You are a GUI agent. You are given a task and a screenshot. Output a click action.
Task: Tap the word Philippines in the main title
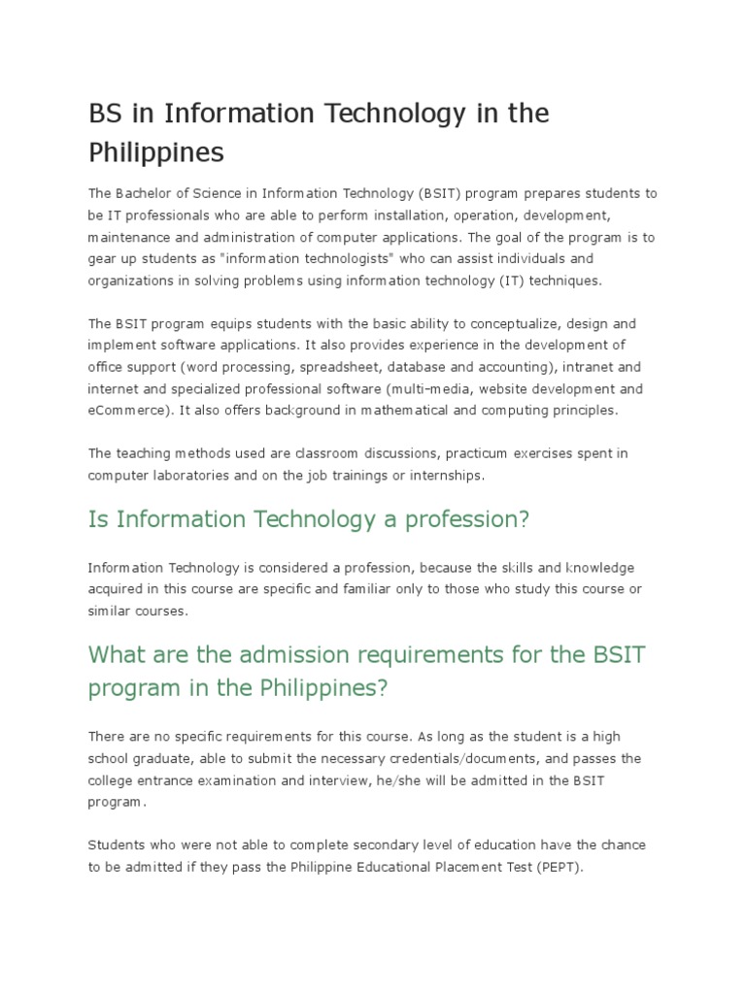[156, 153]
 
